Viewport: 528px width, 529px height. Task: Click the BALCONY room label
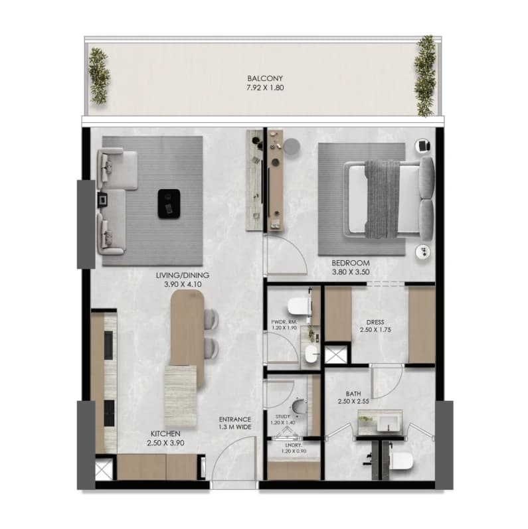click(x=265, y=78)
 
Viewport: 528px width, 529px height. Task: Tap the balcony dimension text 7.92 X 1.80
click(x=265, y=88)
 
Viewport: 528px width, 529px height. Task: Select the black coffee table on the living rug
click(x=169, y=204)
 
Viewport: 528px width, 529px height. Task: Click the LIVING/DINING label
click(x=183, y=275)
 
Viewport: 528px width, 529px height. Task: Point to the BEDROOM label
click(x=351, y=263)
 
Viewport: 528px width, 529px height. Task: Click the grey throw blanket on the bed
click(x=383, y=199)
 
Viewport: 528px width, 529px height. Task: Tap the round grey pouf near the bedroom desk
click(x=292, y=147)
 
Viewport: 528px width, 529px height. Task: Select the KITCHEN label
click(x=165, y=433)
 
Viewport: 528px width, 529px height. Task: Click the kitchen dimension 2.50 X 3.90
click(x=165, y=443)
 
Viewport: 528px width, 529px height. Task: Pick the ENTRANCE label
click(x=235, y=419)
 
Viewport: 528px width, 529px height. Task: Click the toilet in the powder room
click(x=299, y=306)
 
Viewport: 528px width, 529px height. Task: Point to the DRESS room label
click(x=375, y=322)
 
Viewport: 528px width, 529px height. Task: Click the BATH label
click(x=353, y=394)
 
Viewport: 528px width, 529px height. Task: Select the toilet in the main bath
click(x=401, y=461)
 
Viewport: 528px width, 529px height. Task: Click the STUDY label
click(x=282, y=417)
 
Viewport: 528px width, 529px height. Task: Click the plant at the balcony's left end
click(x=99, y=76)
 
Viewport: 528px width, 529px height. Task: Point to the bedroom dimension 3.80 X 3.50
click(x=351, y=272)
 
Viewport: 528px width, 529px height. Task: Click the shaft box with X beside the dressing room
click(x=335, y=354)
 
